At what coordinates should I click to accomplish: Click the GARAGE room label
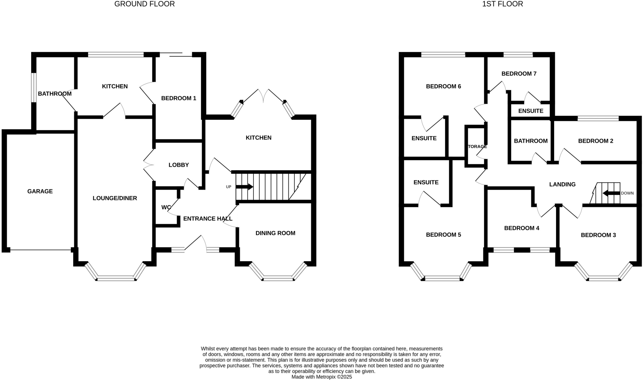(40, 191)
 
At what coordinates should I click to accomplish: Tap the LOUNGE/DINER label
(115, 198)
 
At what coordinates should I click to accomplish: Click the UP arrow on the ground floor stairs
(245, 187)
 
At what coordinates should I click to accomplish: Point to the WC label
(166, 207)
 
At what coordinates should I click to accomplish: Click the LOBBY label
(178, 165)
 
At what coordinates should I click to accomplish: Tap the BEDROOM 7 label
(519, 73)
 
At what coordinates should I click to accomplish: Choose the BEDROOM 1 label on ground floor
(178, 98)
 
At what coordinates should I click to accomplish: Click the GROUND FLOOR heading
(144, 4)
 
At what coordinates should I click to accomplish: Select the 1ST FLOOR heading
(502, 4)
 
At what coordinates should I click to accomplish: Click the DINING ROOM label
(275, 233)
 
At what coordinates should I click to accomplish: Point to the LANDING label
(562, 184)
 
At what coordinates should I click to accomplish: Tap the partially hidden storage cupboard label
(477, 146)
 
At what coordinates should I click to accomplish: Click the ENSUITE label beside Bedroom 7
(531, 111)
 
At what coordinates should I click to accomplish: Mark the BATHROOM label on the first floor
(531, 141)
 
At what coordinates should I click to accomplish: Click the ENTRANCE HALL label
(208, 219)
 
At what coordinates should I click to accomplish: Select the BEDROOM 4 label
(521, 228)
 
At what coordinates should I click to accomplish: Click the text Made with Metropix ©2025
(321, 377)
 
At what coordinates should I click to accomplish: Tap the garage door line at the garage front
(40, 250)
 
